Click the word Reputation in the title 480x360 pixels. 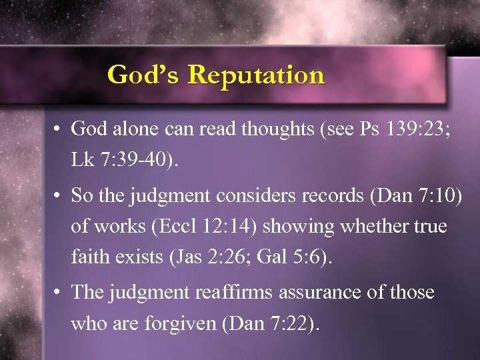tap(256, 75)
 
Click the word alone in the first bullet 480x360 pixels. tap(137, 129)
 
